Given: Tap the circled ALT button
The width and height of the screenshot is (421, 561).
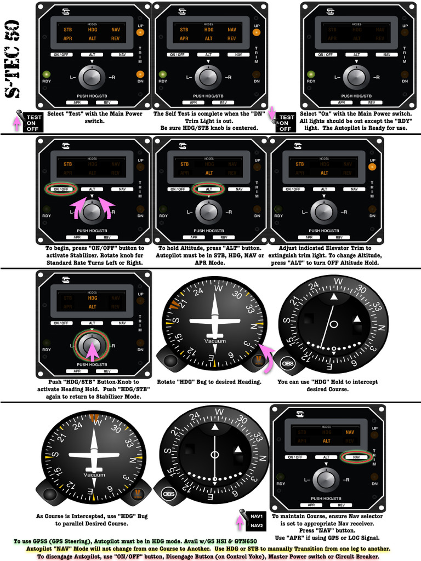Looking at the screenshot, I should tap(209, 189).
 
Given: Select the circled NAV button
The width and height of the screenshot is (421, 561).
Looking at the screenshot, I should tap(356, 456).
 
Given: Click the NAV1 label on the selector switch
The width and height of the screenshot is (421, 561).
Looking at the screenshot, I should tap(257, 516).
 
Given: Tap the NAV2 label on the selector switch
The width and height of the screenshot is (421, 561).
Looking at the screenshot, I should tap(257, 526).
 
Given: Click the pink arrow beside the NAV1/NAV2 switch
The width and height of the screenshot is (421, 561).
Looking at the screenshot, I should tap(240, 520).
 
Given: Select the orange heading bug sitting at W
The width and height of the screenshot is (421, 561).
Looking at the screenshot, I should tap(95, 419).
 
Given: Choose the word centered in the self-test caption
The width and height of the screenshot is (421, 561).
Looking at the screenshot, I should tap(244, 128).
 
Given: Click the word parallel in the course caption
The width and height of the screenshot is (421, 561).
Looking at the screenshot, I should tap(79, 523).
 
